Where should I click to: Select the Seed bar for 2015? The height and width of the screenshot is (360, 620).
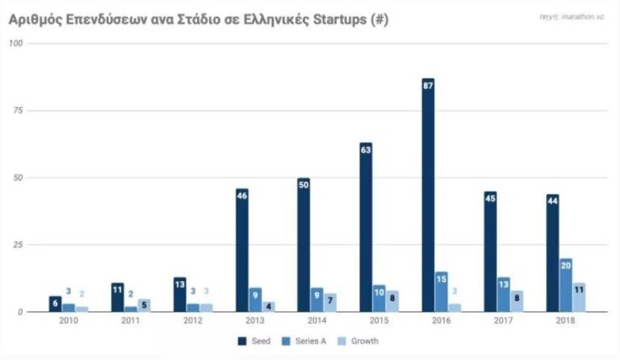[x=366, y=227]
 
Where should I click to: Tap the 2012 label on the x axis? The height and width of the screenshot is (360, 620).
[x=192, y=322]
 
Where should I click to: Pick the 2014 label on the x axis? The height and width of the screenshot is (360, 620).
[x=316, y=322]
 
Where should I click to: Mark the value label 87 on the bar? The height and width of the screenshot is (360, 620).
[x=428, y=84]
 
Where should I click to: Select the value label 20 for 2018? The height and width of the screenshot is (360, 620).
[x=565, y=264]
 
